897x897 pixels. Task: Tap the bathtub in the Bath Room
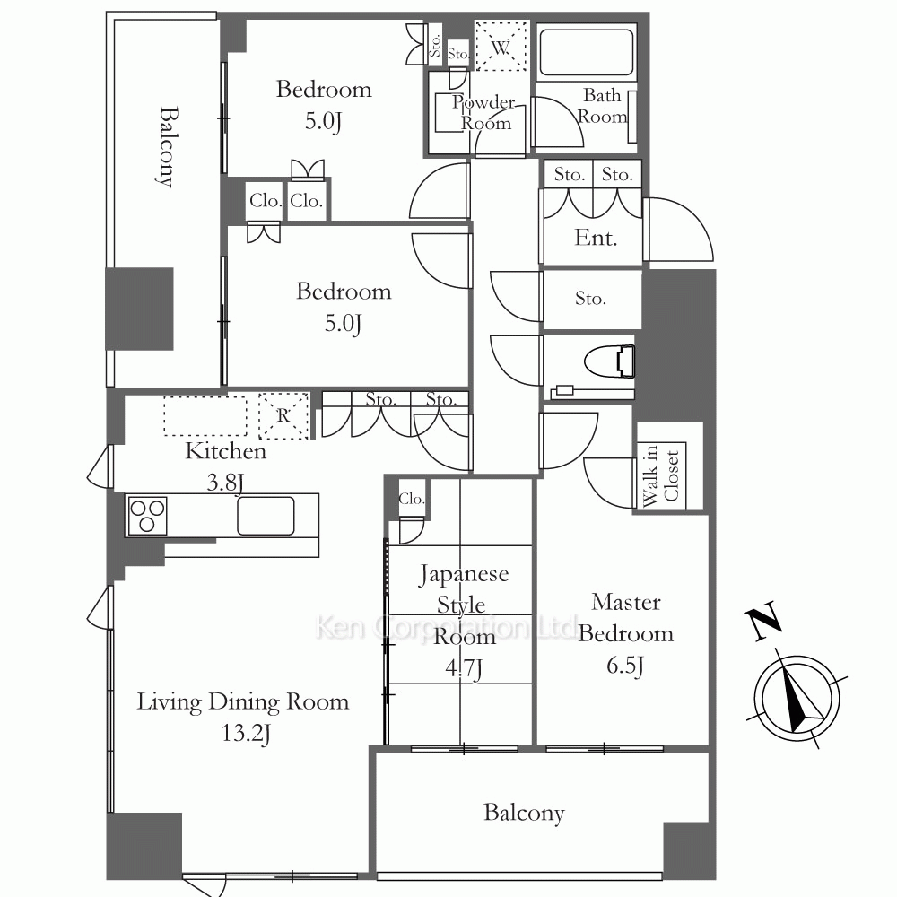(x=587, y=52)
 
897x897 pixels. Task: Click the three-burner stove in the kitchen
(x=147, y=516)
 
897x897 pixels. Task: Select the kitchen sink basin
(x=266, y=516)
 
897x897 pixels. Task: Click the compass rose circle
(x=797, y=699)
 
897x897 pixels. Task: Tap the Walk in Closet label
(x=661, y=475)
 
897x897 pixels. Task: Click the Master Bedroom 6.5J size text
(x=625, y=666)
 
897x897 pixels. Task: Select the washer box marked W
(x=501, y=47)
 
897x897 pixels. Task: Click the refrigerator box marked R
(x=283, y=416)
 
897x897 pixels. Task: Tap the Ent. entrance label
(x=596, y=238)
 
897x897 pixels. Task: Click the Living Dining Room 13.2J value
(x=246, y=733)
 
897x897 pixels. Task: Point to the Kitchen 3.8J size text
(x=225, y=483)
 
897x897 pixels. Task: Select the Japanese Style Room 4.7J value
(x=464, y=667)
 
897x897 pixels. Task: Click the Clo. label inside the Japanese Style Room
(x=412, y=499)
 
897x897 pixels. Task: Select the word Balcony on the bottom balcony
(x=524, y=813)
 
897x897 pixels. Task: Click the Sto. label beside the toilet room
(x=590, y=298)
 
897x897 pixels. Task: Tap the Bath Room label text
(x=603, y=106)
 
